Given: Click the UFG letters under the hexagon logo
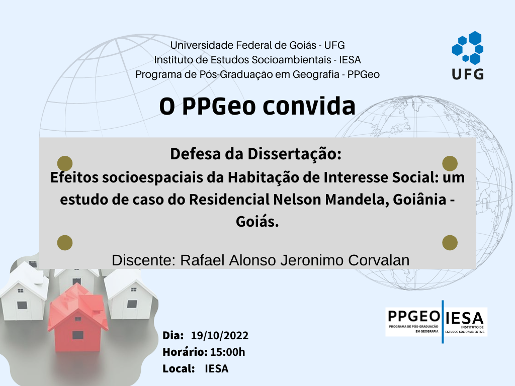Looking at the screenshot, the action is tap(468, 74).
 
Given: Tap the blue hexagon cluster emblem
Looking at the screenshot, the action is tap(467, 48).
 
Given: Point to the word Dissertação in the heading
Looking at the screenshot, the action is tap(294, 154).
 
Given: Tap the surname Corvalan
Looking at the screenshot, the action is tap(379, 260).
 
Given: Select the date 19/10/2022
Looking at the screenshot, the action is tap(220, 335).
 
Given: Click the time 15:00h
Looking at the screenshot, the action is tap(228, 352).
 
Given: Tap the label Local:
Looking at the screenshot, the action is tap(179, 368).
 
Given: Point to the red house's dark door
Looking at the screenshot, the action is tap(78, 335).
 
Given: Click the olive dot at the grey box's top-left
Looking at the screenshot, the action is tap(65, 163).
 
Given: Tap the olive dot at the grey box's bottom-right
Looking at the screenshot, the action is tap(450, 243).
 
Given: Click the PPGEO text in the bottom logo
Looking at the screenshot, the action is tap(414, 317).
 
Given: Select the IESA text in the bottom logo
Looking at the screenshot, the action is tap(464, 318).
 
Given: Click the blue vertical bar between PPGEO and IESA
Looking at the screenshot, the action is tap(443, 322).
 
